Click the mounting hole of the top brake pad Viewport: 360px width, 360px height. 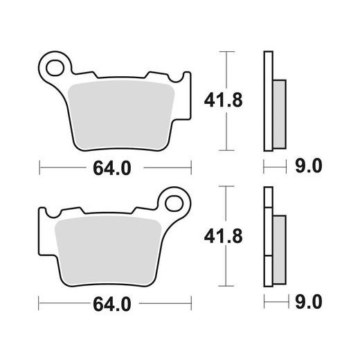point(55,68)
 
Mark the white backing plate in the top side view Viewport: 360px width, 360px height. point(267,100)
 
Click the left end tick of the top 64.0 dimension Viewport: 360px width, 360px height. point(40,167)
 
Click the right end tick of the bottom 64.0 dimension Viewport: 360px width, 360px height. point(190,303)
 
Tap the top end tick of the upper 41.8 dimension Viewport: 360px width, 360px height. point(222,51)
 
